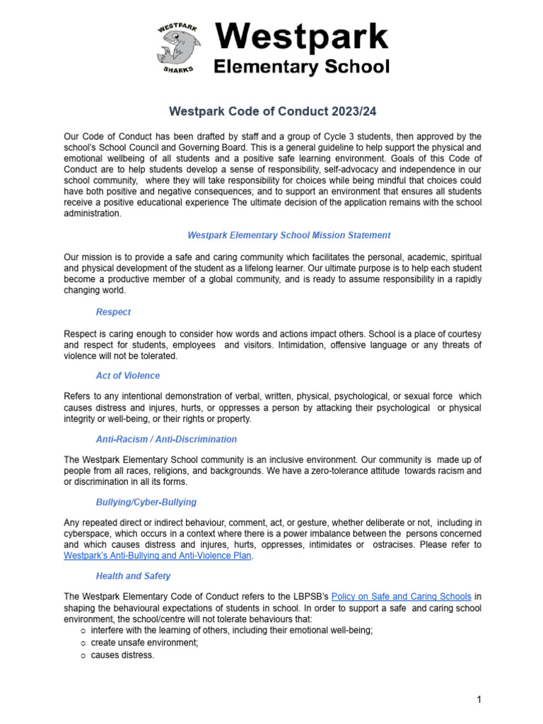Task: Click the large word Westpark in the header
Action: [x=301, y=37]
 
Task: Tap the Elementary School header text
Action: [x=301, y=67]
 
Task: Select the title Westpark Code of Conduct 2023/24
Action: [x=271, y=112]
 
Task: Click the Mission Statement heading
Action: [x=288, y=235]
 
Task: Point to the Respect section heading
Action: [x=113, y=312]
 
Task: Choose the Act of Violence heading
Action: [x=128, y=375]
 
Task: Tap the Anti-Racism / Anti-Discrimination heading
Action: [x=166, y=439]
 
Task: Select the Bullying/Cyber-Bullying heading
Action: [x=146, y=502]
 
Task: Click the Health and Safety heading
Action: [x=134, y=576]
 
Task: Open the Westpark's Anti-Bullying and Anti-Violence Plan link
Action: [x=158, y=556]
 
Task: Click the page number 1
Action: [x=479, y=700]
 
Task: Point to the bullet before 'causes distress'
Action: [x=83, y=655]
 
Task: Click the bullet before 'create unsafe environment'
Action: [x=83, y=643]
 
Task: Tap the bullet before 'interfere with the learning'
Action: [x=83, y=631]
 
